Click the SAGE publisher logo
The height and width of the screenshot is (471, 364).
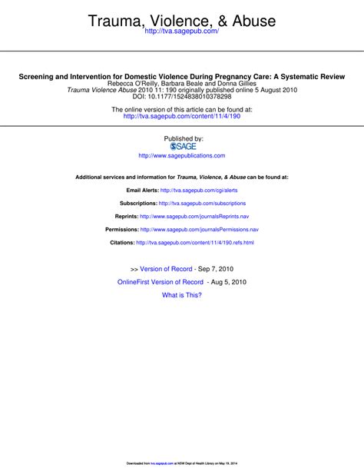(x=181, y=146)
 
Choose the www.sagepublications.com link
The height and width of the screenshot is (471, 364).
(x=181, y=155)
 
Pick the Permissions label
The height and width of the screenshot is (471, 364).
(x=121, y=230)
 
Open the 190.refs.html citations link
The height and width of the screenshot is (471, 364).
(x=194, y=243)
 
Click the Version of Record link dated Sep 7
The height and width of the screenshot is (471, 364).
(x=166, y=269)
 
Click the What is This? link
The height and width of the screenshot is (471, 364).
(x=181, y=295)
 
